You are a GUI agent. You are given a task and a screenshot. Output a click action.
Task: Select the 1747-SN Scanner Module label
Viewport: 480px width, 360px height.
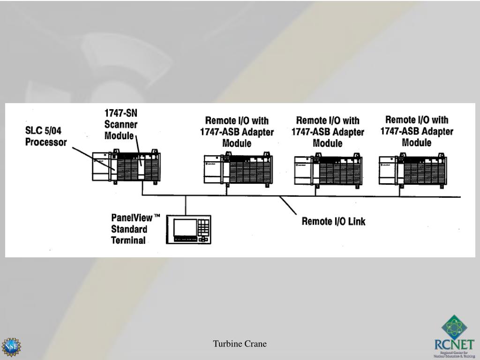click(120, 124)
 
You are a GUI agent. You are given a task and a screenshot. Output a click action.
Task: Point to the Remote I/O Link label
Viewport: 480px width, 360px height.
click(333, 221)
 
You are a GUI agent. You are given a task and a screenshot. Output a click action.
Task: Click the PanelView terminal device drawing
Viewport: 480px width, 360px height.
click(188, 229)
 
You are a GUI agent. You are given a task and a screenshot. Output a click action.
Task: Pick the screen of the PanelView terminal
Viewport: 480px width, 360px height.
click(184, 227)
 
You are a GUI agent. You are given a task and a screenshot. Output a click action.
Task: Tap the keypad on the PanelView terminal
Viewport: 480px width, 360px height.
click(203, 228)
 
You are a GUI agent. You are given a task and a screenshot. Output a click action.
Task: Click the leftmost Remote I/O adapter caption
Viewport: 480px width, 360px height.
click(237, 132)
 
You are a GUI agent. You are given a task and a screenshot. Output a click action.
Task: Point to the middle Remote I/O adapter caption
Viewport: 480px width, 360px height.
click(328, 132)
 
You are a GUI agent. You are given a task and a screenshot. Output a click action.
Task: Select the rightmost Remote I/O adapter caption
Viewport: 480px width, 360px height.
click(417, 131)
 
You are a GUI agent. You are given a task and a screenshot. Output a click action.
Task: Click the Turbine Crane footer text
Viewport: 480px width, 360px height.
click(240, 344)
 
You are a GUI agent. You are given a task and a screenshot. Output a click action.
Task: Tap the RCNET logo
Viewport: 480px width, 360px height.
click(454, 337)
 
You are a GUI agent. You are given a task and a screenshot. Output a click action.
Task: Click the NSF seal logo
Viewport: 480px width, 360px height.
click(11, 347)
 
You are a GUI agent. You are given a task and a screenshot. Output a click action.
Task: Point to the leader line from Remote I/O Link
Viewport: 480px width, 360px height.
click(290, 206)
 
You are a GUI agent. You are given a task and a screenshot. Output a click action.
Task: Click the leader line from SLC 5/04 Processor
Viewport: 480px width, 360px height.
click(93, 157)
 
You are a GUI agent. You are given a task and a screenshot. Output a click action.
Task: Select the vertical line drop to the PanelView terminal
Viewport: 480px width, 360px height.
click(186, 205)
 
